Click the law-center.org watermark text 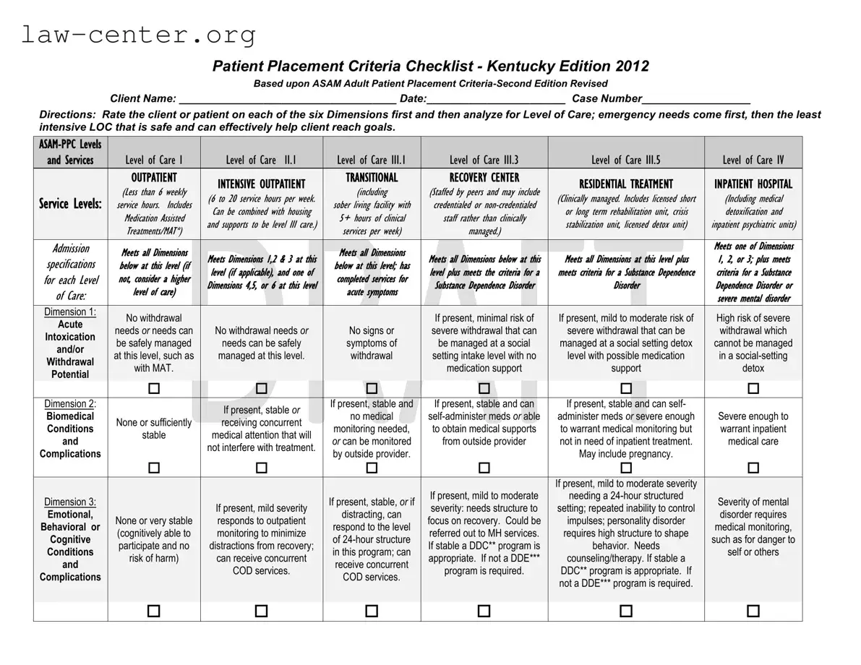pos(137,35)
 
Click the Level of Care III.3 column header pos(484,160)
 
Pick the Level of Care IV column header pos(753,160)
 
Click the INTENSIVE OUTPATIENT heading pos(261,184)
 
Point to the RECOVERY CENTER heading pos(484,178)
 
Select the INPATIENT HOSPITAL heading pos(753,184)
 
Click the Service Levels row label pos(70,205)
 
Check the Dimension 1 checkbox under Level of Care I pos(154,389)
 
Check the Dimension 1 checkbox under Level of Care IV pos(753,389)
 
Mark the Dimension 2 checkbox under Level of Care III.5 pos(625,468)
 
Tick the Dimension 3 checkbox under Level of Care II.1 pos(261,611)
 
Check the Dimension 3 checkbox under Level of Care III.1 pos(371,611)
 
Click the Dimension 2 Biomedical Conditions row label pos(70,429)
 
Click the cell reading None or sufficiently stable pos(154,429)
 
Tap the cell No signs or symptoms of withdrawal pos(371,343)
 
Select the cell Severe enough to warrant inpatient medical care pos(753,429)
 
